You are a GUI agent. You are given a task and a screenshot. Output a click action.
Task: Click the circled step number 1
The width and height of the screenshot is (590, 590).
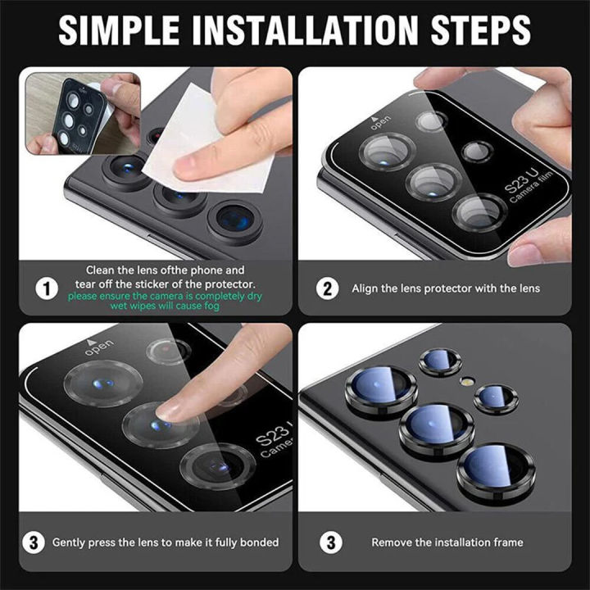tap(48, 288)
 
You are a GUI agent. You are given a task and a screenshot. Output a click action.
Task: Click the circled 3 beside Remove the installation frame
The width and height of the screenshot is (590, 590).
tap(329, 542)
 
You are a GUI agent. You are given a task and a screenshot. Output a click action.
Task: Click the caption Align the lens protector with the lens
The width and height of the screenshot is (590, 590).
tap(446, 288)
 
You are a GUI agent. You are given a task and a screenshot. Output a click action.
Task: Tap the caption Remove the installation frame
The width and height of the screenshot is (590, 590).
tap(447, 542)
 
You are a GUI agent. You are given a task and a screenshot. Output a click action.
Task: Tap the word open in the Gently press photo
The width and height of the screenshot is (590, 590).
tap(98, 349)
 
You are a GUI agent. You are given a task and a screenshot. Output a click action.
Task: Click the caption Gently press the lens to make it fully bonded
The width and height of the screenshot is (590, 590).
tap(166, 542)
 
